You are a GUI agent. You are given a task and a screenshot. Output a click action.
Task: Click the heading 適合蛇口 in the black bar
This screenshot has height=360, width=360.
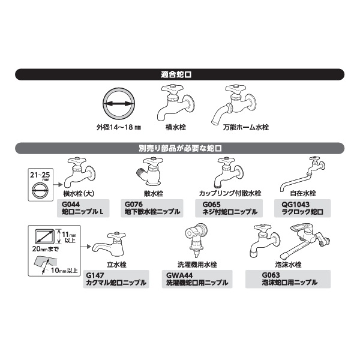coord(176,74)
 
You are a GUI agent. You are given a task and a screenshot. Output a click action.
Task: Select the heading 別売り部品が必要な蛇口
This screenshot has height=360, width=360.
coord(180,148)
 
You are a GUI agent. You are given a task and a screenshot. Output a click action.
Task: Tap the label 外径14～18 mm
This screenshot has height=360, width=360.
coord(118,127)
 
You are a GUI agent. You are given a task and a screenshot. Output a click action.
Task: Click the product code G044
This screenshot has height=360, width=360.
coord(71,204)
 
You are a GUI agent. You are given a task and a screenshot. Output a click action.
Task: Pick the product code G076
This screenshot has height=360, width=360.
coord(134,204)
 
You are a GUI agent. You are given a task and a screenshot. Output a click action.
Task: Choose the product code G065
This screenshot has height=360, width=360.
coord(211,204)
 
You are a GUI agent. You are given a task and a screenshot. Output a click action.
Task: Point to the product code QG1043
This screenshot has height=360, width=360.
coord(295,204)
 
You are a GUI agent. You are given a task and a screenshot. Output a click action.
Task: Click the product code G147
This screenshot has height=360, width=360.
coord(95,275)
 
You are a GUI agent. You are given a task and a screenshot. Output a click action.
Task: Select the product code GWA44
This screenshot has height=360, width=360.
coord(179,275)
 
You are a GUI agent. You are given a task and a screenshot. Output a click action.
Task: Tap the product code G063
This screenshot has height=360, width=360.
coord(271,275)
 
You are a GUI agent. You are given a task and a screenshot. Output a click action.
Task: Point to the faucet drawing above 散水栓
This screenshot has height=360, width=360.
coord(149,171)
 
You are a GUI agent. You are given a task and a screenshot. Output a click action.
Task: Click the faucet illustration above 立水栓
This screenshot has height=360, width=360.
coord(109,245)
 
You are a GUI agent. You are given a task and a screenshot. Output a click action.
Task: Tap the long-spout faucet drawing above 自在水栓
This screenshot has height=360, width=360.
coord(302,174)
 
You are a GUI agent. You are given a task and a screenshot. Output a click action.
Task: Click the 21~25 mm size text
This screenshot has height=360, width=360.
coord(40,176)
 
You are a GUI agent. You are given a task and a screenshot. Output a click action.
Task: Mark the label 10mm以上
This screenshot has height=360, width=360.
coord(64,270)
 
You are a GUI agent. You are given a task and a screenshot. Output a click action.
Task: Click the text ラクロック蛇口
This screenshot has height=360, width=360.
coord(302,212)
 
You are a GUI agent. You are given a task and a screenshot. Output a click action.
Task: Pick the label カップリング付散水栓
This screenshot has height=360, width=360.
coord(230,193)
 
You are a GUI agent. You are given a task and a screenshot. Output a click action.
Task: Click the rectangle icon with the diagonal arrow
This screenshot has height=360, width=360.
coord(44,237)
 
